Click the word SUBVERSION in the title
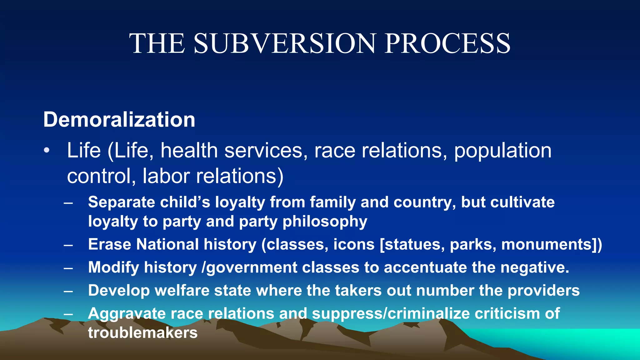click(x=284, y=44)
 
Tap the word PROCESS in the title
click(x=447, y=44)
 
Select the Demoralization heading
click(x=119, y=120)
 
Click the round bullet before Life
click(x=47, y=151)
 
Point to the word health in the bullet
click(x=189, y=151)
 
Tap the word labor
click(x=166, y=176)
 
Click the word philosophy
click(x=325, y=222)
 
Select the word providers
click(x=543, y=291)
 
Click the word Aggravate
click(x=127, y=314)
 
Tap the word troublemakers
click(x=143, y=333)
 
